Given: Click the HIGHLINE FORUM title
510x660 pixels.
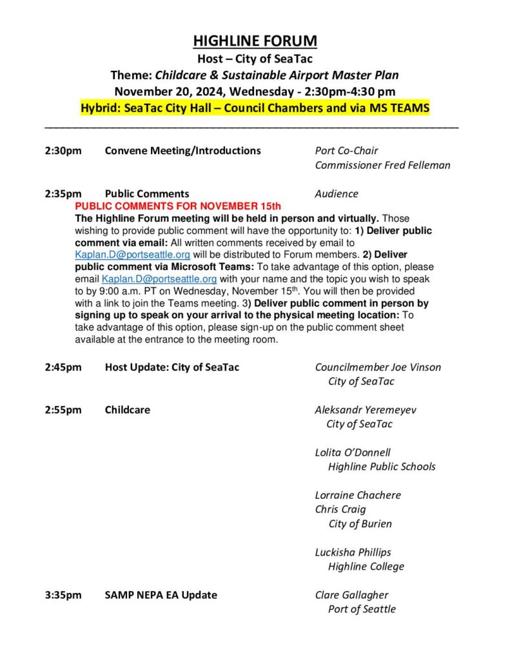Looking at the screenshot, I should coord(255,41).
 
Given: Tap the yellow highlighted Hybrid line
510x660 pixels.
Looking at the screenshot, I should coord(255,108).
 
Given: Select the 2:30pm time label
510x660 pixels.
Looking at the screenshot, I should coord(63,151).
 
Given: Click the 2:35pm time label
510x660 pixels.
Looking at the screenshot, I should coord(63,193).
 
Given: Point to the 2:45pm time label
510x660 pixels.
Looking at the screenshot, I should coord(63,367).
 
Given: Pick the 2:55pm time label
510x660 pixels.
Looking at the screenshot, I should coord(63,410).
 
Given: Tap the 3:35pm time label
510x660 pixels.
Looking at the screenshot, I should coord(63,595).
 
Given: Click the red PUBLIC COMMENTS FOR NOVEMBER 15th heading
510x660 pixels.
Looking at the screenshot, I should coord(179,206).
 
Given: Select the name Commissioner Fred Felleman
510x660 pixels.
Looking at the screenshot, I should coord(382,165).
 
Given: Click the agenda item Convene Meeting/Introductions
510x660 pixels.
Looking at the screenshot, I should coord(182,151).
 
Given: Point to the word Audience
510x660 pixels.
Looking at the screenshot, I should coord(336,193).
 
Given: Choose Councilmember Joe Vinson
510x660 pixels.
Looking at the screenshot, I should coord(378,367).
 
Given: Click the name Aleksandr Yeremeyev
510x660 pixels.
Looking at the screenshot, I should coord(366,410).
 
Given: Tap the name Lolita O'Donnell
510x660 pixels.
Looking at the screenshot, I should coord(353,452).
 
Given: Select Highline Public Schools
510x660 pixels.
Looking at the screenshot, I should coord(382,467).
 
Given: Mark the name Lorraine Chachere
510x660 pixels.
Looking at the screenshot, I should coord(358,495).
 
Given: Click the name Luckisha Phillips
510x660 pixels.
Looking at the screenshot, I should coord(353,552).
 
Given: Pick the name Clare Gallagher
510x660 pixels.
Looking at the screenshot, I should coord(351,595).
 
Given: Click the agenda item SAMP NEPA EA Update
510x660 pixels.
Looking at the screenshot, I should coord(161,595).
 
